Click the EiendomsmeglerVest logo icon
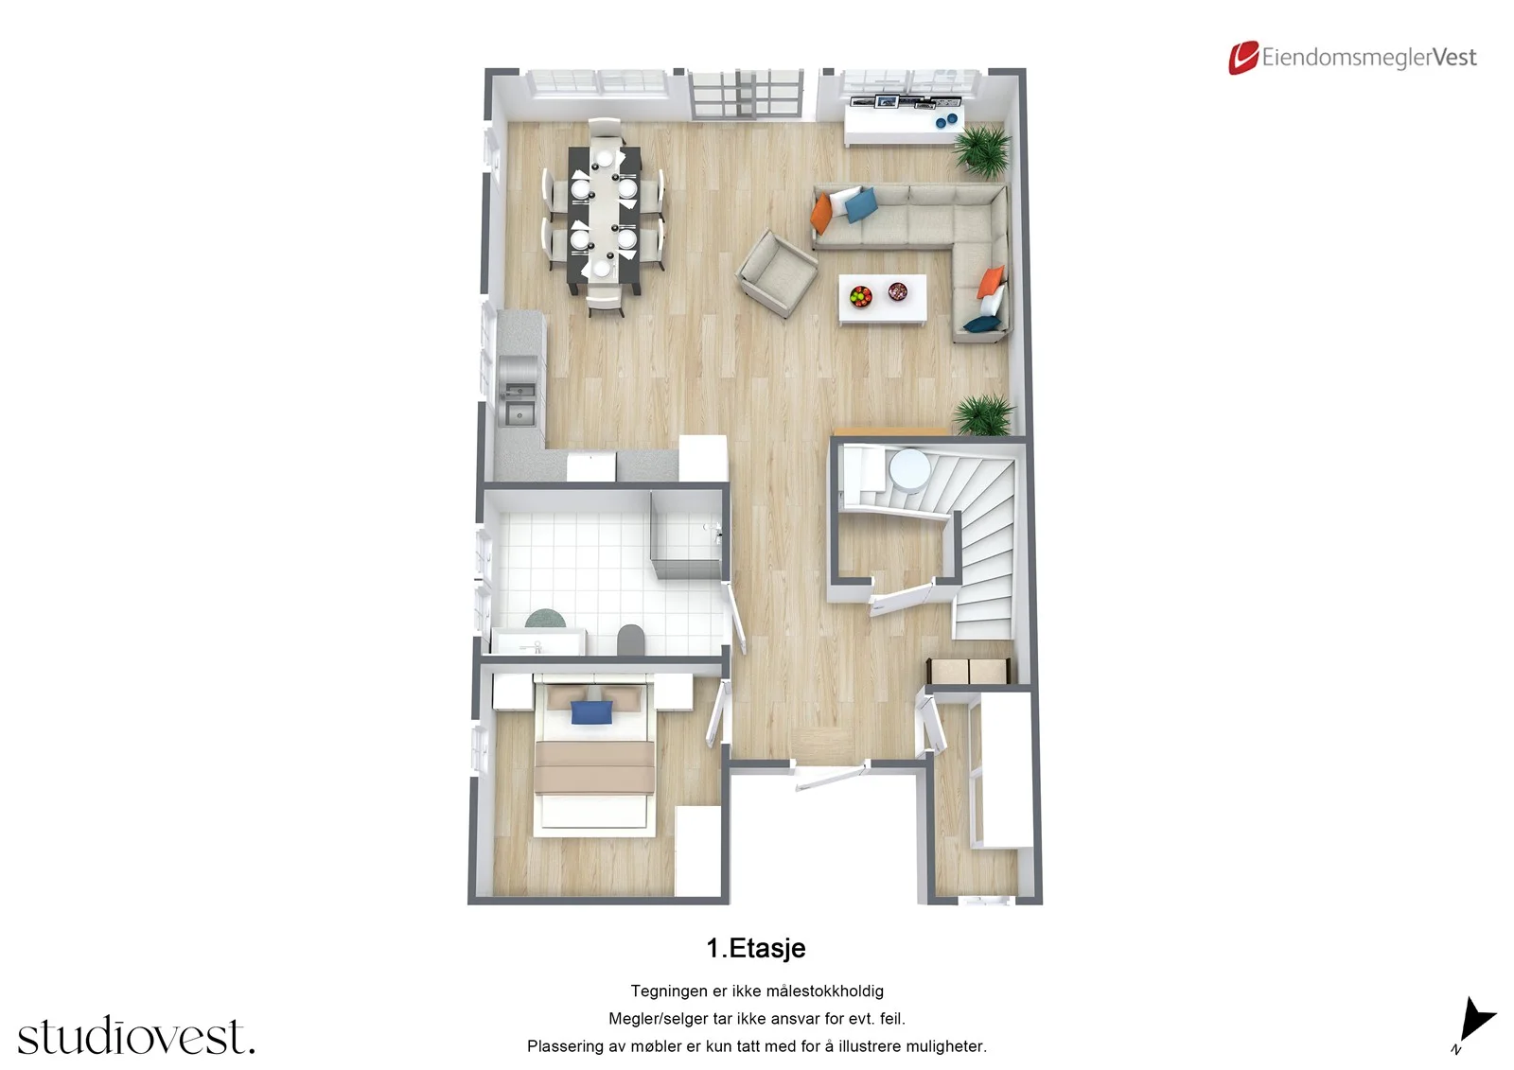[x=1243, y=58]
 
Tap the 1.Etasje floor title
[x=756, y=948]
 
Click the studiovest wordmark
[x=136, y=1035]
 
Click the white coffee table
[x=882, y=300]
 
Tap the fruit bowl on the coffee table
[x=860, y=295]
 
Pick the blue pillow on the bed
[x=591, y=712]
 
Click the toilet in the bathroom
[x=630, y=640]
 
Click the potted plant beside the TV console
[x=983, y=150]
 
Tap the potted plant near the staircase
[x=984, y=414]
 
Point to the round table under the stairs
[x=909, y=468]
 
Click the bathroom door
[x=735, y=618]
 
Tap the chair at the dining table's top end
[x=605, y=129]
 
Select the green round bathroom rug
[x=545, y=619]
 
